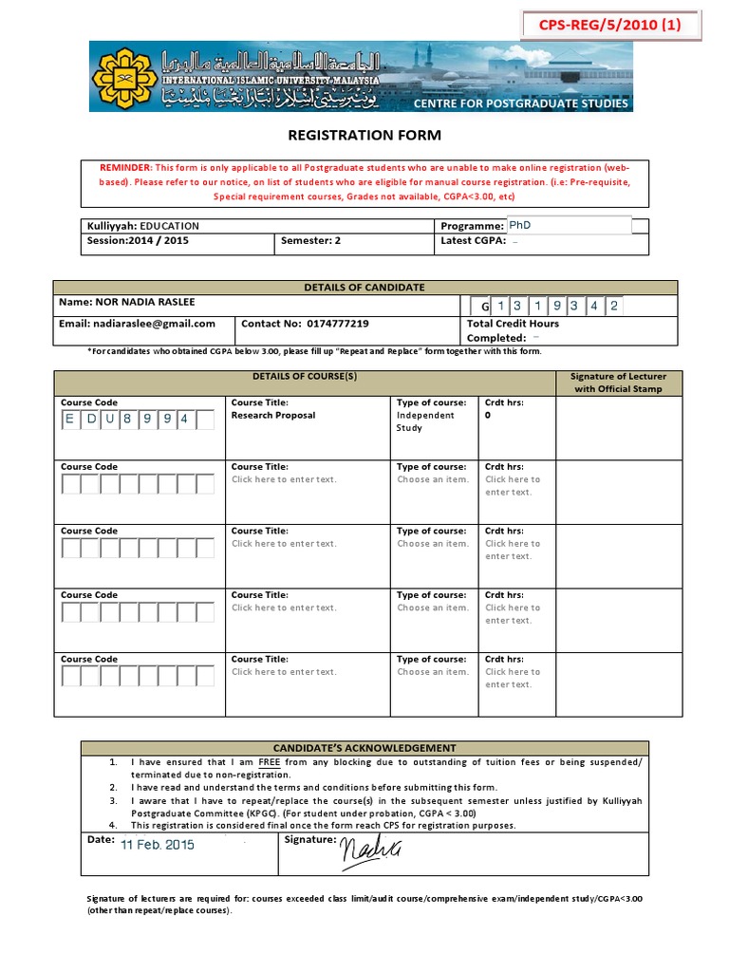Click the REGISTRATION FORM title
364,136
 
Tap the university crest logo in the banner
123,77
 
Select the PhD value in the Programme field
520,226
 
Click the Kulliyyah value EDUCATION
170,226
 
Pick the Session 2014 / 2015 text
138,241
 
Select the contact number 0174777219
338,324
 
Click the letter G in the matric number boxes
484,307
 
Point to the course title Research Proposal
273,416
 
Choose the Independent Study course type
425,421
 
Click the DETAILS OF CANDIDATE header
364,288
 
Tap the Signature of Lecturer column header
618,383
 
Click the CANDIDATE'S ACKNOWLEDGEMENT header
364,748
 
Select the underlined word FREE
270,762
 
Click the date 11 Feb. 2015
158,845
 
